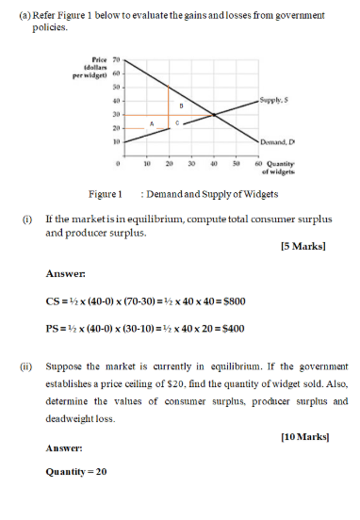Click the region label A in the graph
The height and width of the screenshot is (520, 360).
coord(151,122)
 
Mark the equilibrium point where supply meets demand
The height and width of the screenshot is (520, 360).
coord(214,115)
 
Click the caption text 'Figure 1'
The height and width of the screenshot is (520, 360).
coord(106,194)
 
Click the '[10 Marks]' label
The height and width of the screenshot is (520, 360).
coord(302,436)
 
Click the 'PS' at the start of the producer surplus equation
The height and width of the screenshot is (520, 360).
coord(53,329)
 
